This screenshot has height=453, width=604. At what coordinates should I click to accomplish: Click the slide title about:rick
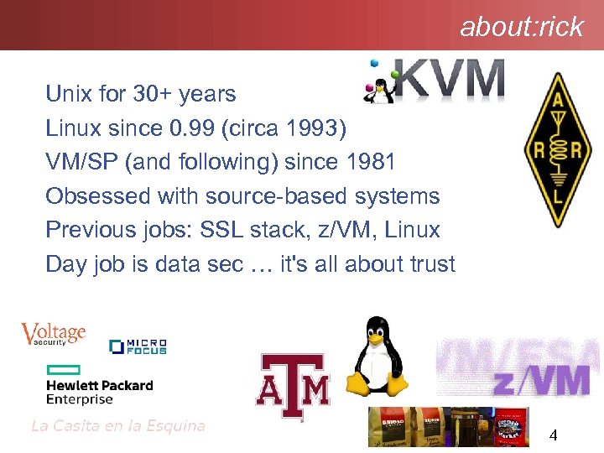(x=521, y=27)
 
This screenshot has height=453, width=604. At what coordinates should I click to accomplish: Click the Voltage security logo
(x=53, y=334)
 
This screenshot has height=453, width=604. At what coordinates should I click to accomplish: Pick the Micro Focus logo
(x=138, y=346)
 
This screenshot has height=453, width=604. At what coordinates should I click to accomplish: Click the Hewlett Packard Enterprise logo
(x=99, y=386)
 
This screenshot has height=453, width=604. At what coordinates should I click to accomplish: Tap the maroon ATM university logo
(x=293, y=386)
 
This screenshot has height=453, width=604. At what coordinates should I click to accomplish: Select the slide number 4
(x=553, y=435)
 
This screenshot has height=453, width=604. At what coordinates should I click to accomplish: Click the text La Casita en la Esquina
(x=117, y=425)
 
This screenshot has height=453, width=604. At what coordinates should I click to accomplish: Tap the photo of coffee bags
(x=449, y=427)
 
